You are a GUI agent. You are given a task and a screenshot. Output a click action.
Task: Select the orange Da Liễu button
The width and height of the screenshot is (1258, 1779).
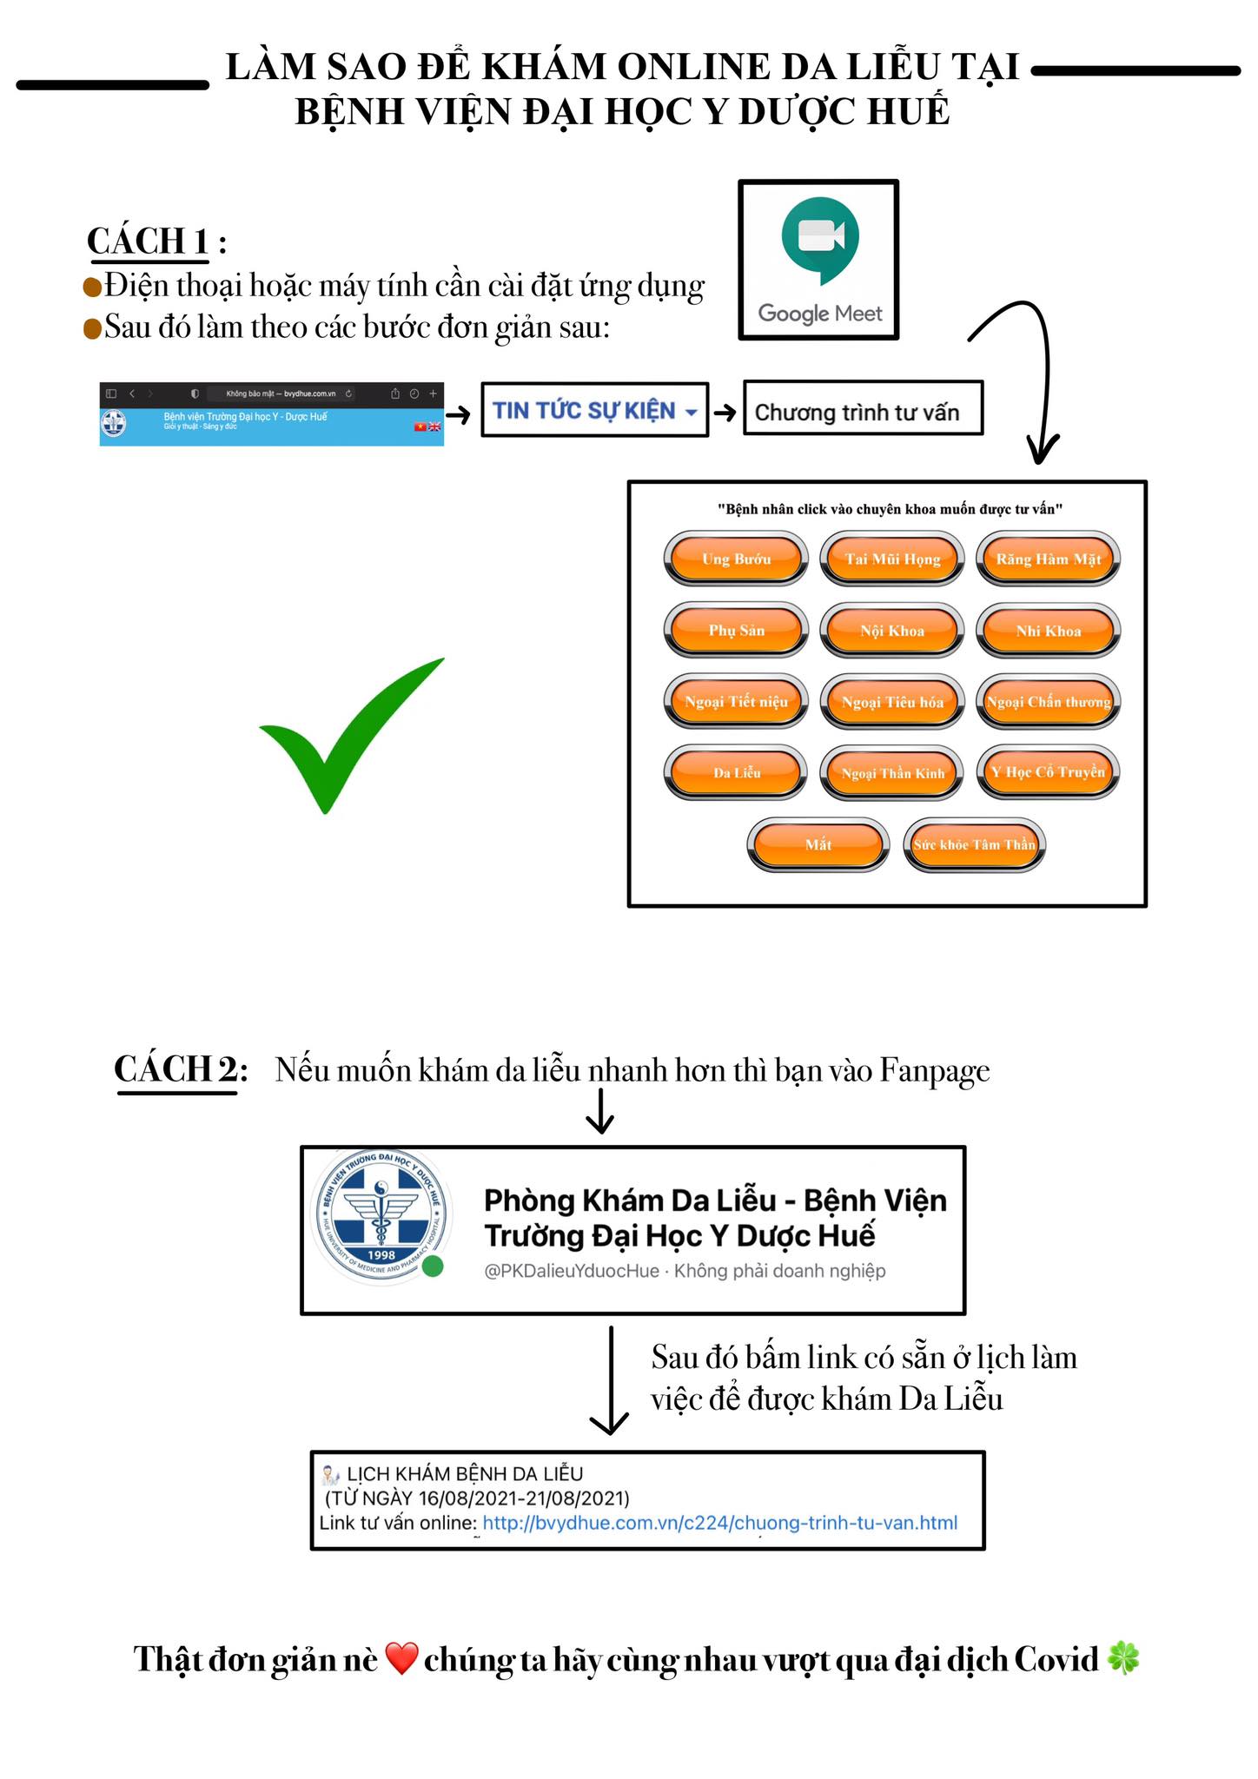tap(736, 772)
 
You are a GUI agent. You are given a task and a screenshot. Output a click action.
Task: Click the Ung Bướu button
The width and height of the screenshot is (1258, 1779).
tap(736, 559)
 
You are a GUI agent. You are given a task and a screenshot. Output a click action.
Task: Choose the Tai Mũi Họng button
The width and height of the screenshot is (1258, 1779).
tap(892, 559)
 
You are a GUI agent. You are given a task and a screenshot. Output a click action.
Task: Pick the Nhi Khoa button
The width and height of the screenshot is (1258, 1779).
tap(1048, 631)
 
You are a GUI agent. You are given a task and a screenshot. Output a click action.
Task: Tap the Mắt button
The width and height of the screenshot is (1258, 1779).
tap(818, 844)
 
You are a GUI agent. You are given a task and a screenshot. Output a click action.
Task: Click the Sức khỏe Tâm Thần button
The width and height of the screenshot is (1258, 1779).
tap(974, 844)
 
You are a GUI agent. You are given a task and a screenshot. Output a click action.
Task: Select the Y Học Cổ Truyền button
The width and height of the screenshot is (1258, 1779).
tap(1048, 772)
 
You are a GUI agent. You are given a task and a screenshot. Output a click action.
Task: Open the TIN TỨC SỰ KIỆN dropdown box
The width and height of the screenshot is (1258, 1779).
tap(594, 410)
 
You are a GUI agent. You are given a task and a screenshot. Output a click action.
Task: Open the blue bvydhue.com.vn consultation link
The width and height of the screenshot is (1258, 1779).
tap(719, 1523)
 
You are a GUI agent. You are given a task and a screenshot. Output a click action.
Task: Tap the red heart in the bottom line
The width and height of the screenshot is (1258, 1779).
tap(401, 1658)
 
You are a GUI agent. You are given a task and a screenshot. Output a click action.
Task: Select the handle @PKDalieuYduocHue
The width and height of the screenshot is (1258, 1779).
tap(571, 1271)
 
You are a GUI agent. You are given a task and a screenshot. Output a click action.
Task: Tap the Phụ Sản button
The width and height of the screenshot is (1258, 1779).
tap(736, 631)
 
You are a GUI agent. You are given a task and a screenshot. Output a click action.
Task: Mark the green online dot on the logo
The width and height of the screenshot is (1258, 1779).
tap(433, 1266)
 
